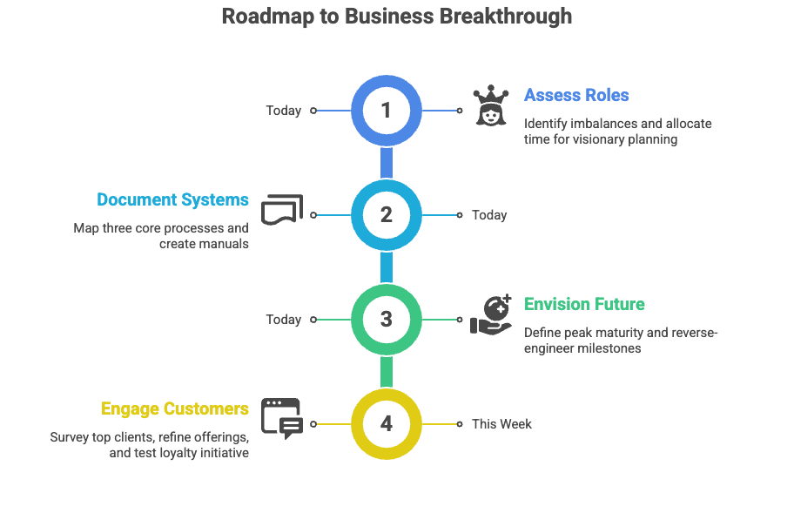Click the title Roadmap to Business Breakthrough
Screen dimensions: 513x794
396,17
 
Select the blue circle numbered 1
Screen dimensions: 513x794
387,111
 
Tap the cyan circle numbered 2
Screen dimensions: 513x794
387,215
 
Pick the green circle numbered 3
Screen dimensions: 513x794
387,320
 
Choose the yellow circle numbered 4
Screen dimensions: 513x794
387,424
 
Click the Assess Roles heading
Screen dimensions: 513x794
576,95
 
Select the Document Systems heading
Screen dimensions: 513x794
172,199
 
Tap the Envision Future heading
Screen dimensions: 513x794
584,304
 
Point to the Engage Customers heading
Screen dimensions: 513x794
175,408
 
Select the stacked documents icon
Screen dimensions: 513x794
282,210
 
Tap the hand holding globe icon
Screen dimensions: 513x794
491,314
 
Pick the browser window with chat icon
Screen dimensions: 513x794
282,418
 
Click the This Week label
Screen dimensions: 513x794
501,424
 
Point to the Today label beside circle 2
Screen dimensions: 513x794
489,215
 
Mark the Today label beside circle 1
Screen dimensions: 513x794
284,111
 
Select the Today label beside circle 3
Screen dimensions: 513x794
284,320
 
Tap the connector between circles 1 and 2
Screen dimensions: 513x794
387,163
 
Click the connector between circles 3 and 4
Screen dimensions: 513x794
387,372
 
